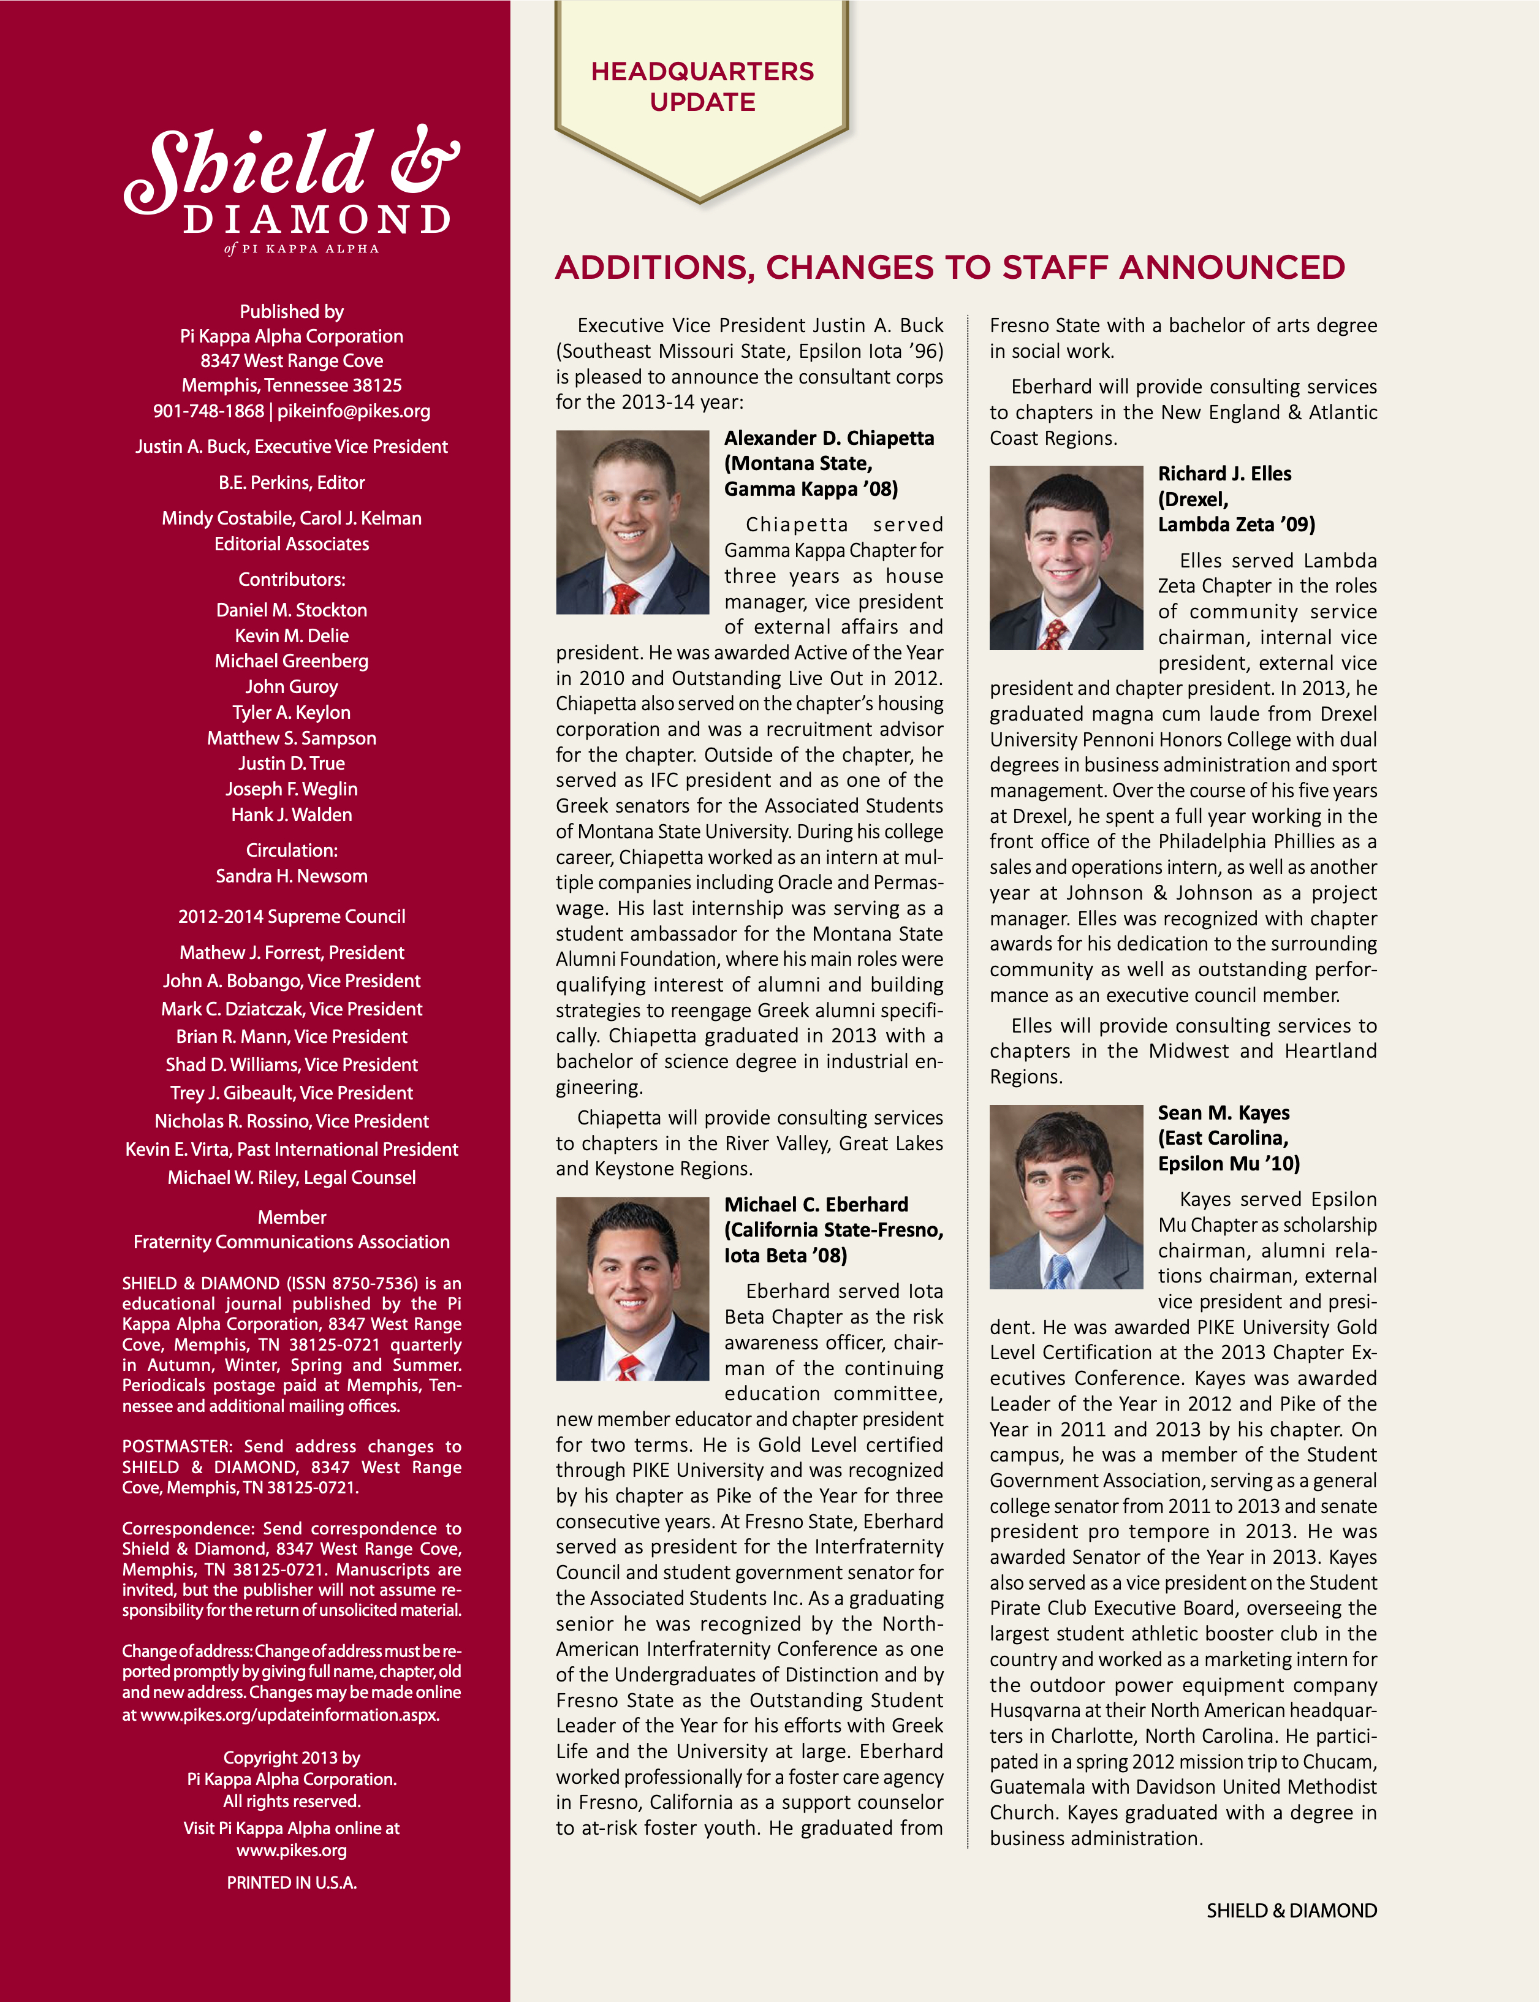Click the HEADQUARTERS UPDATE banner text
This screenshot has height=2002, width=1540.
click(x=702, y=86)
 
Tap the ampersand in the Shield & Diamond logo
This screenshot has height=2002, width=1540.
click(x=425, y=161)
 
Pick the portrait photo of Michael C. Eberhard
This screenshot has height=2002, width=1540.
click(x=632, y=1288)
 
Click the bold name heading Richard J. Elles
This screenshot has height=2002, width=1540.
click(x=1224, y=474)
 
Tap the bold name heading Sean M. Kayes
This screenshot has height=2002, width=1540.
click(x=1223, y=1113)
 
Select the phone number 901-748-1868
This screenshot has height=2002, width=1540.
click(x=208, y=412)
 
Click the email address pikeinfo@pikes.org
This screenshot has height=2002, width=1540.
click(x=354, y=412)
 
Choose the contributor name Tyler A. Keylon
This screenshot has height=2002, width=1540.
click(x=292, y=712)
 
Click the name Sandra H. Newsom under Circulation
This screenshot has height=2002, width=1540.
click(x=292, y=876)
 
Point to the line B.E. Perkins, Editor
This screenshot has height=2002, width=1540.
click(x=292, y=483)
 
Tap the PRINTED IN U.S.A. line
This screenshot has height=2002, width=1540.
click(x=292, y=1883)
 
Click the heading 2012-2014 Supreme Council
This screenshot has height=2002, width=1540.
click(x=292, y=917)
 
